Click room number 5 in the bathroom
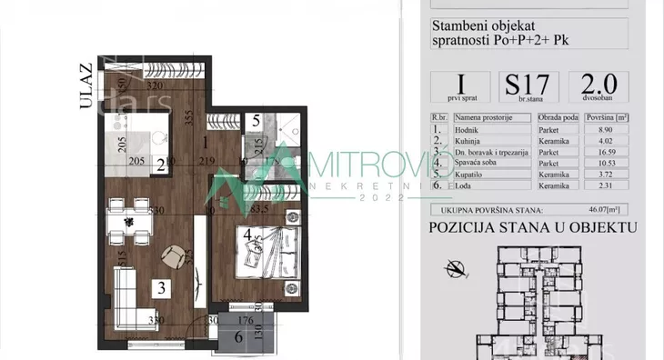(x=257, y=119)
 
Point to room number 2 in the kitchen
(x=160, y=165)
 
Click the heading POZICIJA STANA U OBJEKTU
(x=533, y=230)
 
